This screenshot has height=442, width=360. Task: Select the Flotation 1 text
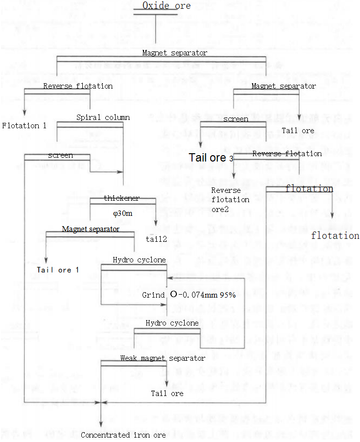[24, 126]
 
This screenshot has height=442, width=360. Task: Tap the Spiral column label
[103, 117]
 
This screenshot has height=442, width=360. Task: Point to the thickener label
[121, 198]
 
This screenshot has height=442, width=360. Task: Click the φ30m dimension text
[122, 214]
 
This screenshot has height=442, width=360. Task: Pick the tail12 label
[156, 238]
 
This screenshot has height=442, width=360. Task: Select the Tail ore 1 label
[57, 270]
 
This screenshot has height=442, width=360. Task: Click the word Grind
[153, 295]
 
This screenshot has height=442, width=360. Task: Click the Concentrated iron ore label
[123, 435]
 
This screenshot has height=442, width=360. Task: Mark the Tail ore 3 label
[211, 158]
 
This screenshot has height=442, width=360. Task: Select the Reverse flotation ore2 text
[230, 199]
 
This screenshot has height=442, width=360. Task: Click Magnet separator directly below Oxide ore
[174, 53]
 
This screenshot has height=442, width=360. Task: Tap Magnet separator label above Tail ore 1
[90, 229]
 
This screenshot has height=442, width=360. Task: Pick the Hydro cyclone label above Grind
[139, 260]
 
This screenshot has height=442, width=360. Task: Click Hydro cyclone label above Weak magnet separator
[172, 323]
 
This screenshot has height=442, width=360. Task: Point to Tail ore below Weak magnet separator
[167, 394]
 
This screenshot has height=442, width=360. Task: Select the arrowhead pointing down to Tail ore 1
[46, 261]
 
